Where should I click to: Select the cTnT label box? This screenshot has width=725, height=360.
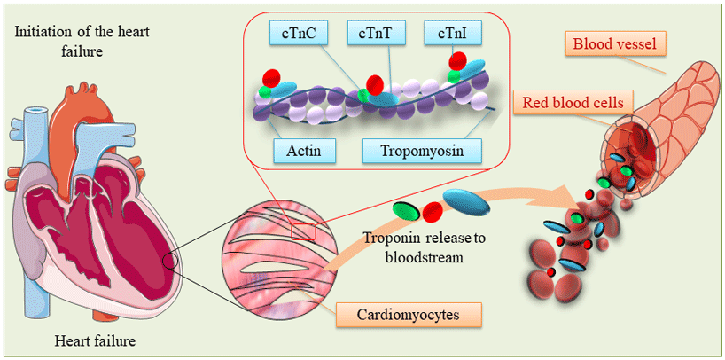point(378,35)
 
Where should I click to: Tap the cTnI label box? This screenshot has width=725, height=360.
point(448,35)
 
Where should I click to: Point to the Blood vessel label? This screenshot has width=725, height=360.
point(610,43)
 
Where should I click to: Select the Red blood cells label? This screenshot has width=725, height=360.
point(573,103)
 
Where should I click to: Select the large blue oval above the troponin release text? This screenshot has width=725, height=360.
point(466,203)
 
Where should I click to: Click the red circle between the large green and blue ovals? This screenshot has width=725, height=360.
point(433,213)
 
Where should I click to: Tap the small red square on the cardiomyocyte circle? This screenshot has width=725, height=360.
point(304,232)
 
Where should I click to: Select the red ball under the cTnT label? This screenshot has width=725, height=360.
point(375,85)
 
